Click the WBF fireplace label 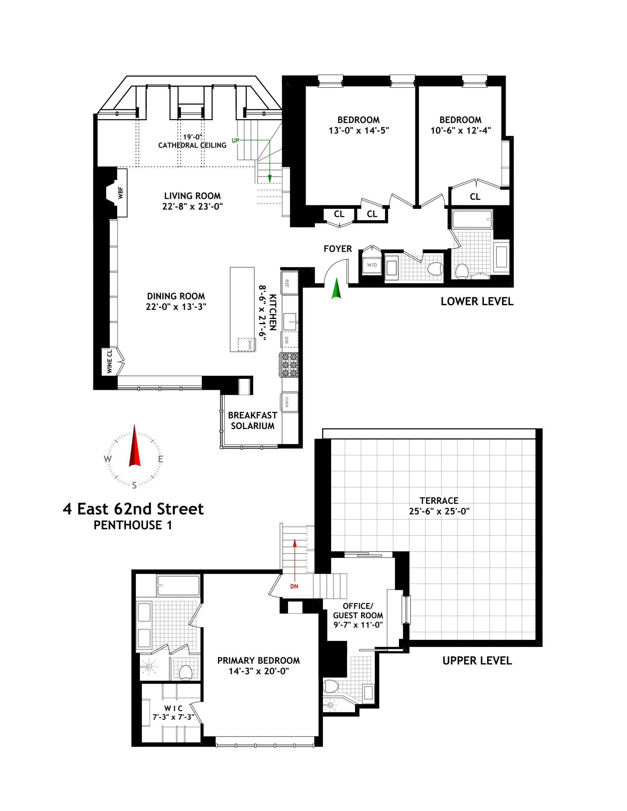tap(121, 193)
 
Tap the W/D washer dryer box tap(371, 265)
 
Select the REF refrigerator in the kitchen tap(289, 283)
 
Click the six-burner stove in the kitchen tap(289, 365)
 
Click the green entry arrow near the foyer tap(336, 289)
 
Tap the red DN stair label tap(294, 587)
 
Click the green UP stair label tap(236, 140)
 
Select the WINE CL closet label tap(109, 361)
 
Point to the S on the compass tap(134, 485)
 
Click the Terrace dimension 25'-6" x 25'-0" tap(439, 511)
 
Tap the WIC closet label tap(173, 708)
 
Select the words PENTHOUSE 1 tap(133, 525)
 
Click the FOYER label tap(337, 249)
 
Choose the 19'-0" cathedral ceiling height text tap(192, 137)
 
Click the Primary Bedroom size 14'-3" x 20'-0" tap(259, 671)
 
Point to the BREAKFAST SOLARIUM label tap(252, 420)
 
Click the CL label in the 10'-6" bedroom tap(475, 197)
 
